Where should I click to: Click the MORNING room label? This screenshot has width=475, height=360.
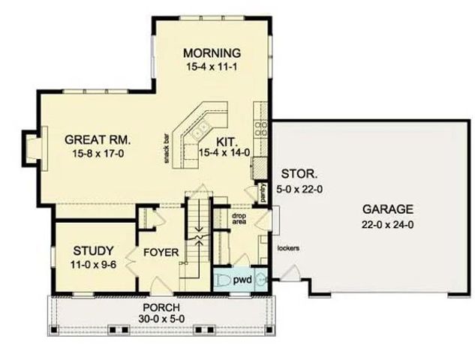[212, 53]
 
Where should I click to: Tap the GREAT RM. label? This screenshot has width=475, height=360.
[98, 139]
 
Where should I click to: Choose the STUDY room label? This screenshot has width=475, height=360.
[93, 250]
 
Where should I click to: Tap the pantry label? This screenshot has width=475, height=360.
[265, 193]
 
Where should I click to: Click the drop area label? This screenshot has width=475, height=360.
[239, 219]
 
